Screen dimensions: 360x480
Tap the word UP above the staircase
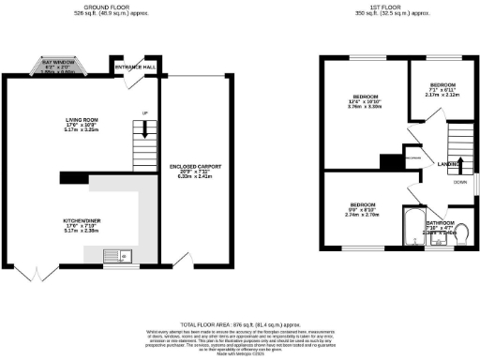pos(143,114)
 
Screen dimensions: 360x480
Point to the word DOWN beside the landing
pos(460,183)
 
